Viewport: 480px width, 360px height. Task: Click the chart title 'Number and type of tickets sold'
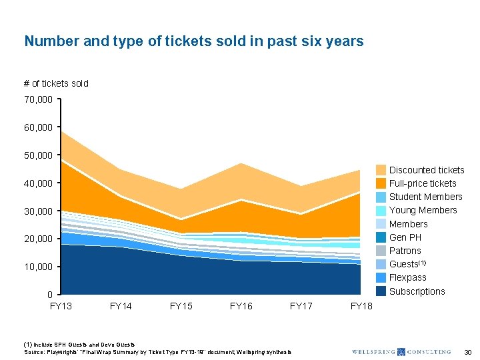(193, 41)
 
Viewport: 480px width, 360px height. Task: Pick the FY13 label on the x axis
(61, 306)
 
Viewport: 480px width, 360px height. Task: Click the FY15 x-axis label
(181, 306)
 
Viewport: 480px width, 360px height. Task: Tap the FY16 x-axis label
(241, 306)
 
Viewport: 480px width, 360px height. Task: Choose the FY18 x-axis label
(361, 306)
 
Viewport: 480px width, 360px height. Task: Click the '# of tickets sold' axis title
(56, 83)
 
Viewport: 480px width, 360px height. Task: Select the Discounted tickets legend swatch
(381, 170)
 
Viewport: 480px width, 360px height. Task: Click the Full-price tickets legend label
(423, 183)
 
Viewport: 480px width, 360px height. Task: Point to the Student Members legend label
(425, 197)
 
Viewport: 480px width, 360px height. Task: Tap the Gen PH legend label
(405, 237)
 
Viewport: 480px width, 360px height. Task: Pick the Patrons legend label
(405, 251)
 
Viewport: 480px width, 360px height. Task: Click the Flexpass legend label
(407, 277)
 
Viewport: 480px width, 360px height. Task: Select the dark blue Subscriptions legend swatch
(381, 291)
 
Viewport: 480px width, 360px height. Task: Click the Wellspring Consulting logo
(401, 351)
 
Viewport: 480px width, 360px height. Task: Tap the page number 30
(468, 351)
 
